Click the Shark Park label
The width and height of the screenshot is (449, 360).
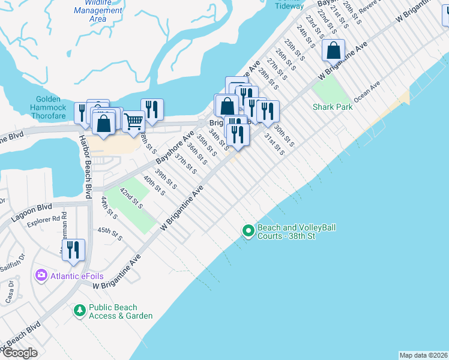point(332,107)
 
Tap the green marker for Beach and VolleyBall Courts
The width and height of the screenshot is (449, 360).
point(248,230)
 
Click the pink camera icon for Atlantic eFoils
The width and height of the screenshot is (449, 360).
point(41,275)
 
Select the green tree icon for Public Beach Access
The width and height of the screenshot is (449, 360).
point(79,310)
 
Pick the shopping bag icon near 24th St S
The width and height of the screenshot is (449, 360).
point(333,50)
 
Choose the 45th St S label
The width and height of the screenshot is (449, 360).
point(110,233)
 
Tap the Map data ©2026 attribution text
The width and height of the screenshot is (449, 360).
point(423,355)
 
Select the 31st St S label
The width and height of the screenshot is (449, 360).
point(274,144)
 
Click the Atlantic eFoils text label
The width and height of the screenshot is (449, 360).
point(77,276)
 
